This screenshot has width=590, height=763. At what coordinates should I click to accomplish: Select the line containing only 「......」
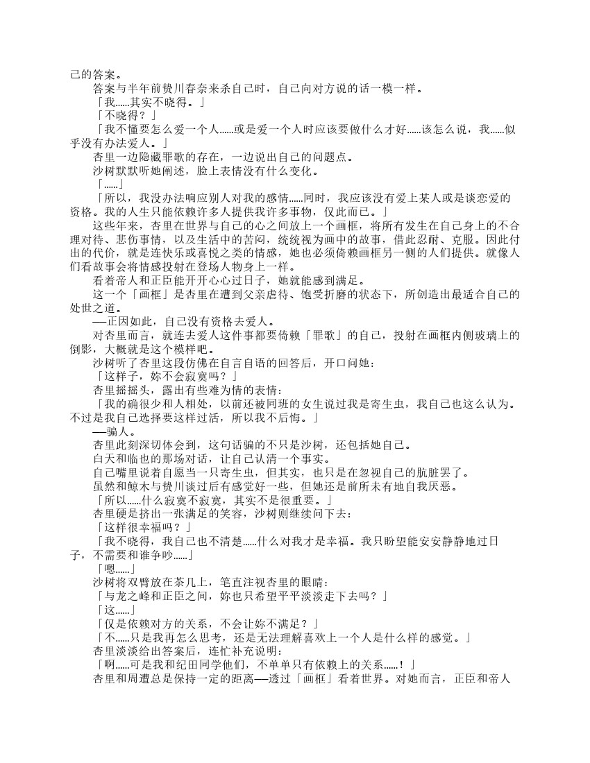tap(110, 184)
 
